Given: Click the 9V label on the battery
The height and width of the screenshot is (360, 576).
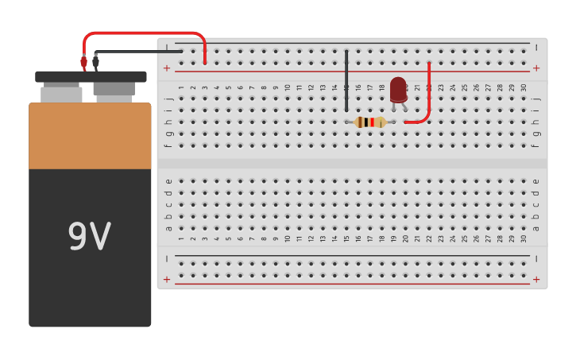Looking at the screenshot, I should click(89, 236).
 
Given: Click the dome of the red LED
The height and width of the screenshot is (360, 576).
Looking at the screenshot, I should click(398, 87).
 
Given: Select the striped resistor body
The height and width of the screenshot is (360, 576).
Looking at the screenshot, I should click(370, 122).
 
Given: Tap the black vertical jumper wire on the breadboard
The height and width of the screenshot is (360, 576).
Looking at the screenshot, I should click(346, 79).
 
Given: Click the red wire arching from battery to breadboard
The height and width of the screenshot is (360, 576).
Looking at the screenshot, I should click(143, 33).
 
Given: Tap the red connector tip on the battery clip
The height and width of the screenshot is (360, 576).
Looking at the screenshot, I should click(83, 61).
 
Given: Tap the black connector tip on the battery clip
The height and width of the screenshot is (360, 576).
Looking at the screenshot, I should click(95, 60).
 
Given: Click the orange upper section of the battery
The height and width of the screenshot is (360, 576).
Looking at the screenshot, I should click(90, 135).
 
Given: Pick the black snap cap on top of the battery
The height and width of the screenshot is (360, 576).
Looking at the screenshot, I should click(91, 77).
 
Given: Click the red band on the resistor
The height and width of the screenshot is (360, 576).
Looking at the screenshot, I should click(372, 122).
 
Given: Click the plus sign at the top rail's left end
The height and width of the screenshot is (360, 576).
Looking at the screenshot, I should click(167, 68).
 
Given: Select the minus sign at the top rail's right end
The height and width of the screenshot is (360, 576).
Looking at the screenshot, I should click(536, 48).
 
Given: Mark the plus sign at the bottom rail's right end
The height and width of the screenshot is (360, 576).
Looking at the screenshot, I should click(536, 279).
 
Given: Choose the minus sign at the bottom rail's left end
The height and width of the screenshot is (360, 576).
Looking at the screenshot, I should click(167, 259).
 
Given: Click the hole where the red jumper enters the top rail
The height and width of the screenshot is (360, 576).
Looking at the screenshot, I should click(205, 63).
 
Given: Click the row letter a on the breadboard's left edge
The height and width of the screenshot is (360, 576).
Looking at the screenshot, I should click(168, 228).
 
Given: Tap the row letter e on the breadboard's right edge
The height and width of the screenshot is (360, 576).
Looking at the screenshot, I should click(536, 181).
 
